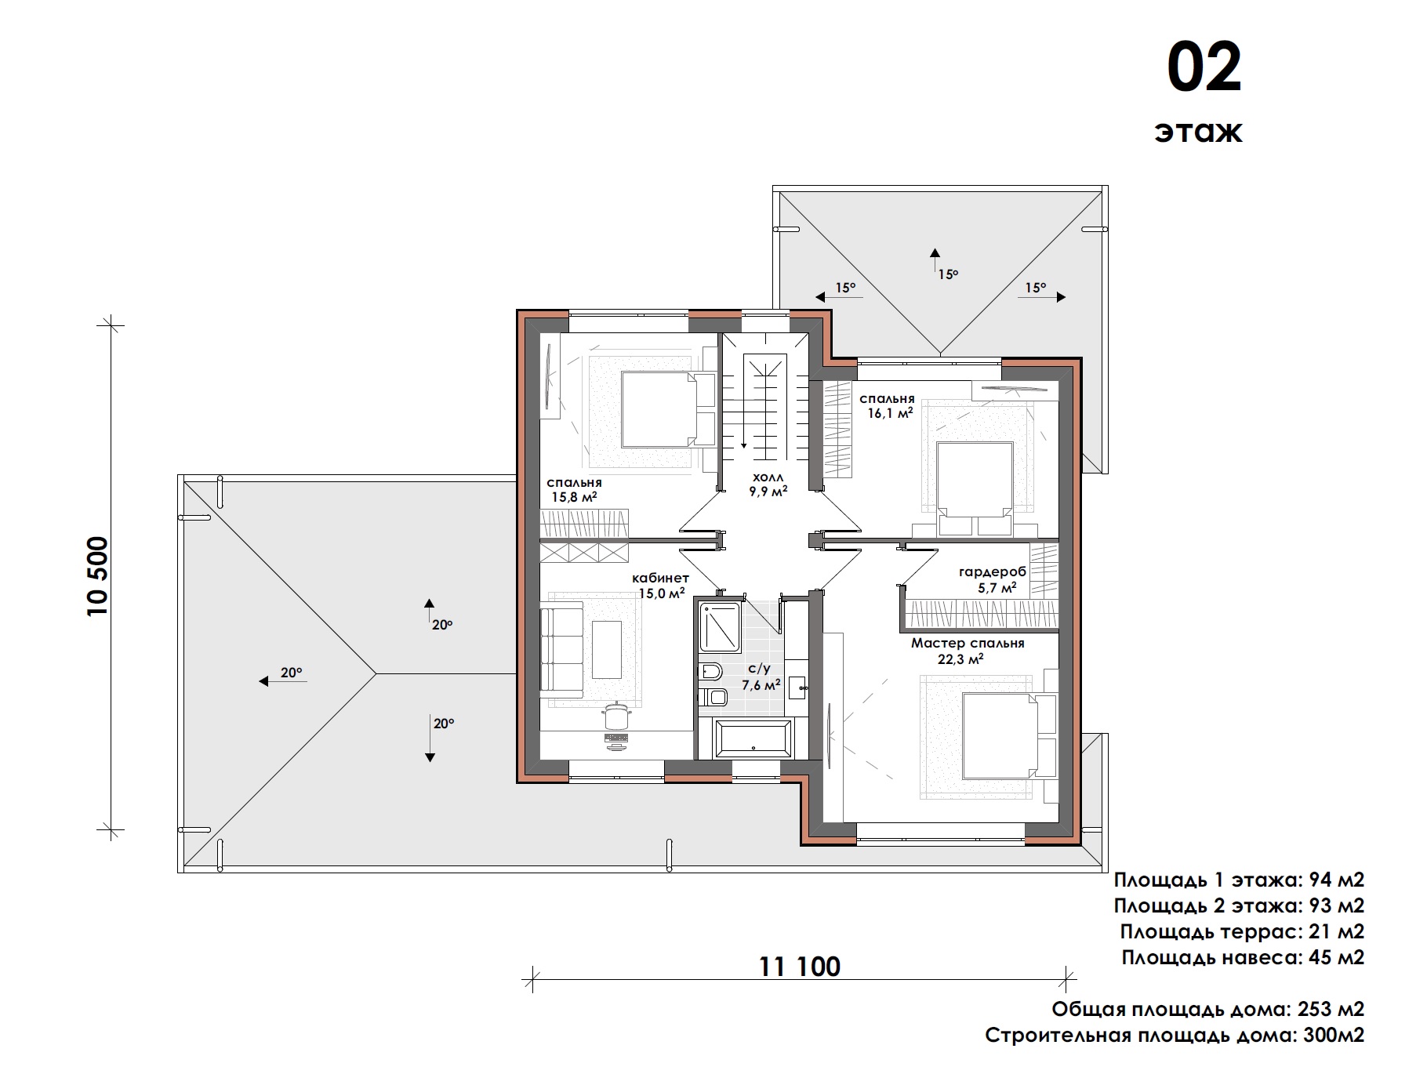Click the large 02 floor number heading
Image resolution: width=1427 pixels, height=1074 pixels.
click(x=1204, y=67)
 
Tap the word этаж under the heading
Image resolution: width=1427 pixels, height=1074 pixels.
click(x=1198, y=131)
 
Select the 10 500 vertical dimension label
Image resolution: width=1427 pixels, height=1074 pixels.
click(x=98, y=576)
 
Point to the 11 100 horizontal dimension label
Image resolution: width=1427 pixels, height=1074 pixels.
click(x=800, y=967)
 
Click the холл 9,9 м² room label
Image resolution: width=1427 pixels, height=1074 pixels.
click(x=768, y=484)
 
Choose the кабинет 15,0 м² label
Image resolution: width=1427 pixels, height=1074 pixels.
click(x=661, y=586)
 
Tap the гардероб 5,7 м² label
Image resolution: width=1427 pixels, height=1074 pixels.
click(x=992, y=579)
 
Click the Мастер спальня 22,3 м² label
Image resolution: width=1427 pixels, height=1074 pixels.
click(x=968, y=651)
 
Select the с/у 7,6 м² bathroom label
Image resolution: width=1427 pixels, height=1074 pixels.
click(x=761, y=677)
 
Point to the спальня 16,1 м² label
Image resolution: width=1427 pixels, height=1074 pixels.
click(x=888, y=406)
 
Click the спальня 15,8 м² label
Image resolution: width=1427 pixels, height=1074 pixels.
click(x=575, y=490)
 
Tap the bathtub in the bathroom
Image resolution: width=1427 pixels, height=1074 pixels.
click(x=752, y=738)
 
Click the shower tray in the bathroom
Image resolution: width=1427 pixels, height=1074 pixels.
click(x=720, y=627)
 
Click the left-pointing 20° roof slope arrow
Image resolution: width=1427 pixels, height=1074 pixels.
click(x=283, y=681)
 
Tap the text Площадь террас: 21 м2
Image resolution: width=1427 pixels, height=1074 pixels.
click(x=1242, y=931)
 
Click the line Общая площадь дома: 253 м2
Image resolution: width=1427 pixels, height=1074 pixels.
click(x=1208, y=1008)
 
